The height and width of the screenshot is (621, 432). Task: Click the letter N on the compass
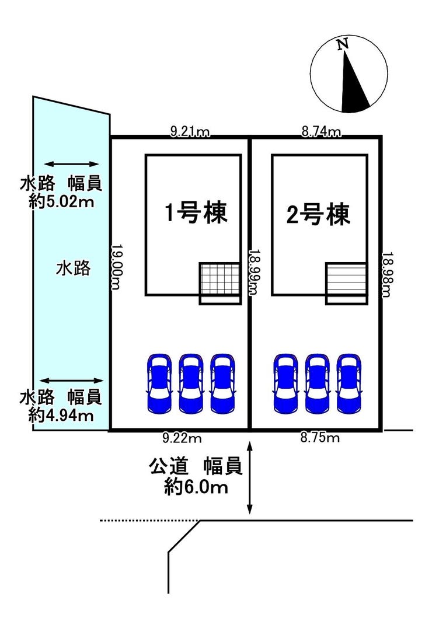click(343, 44)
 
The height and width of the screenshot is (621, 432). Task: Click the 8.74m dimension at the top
click(321, 132)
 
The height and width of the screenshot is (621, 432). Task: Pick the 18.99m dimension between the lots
click(255, 273)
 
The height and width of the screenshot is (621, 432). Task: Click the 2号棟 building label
click(319, 215)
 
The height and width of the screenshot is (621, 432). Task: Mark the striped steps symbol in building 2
click(346, 280)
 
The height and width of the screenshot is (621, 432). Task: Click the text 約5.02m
click(61, 202)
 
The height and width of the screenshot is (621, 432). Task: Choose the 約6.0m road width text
click(196, 486)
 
